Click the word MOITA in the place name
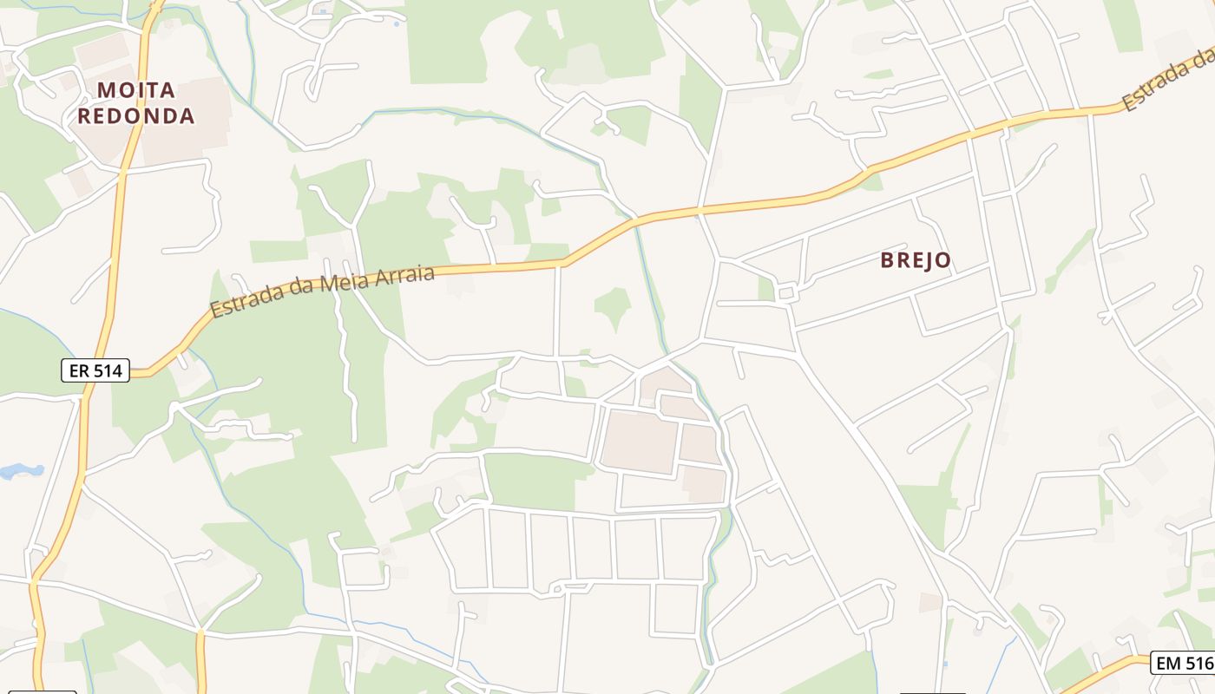(x=136, y=90)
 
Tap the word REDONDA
(x=136, y=115)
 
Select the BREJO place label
(x=916, y=260)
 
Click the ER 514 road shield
(x=96, y=371)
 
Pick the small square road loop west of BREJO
(x=787, y=293)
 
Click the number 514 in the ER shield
(x=108, y=371)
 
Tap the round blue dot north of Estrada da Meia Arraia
(x=397, y=24)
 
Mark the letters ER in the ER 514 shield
(x=78, y=371)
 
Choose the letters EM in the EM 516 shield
(x=1167, y=664)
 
